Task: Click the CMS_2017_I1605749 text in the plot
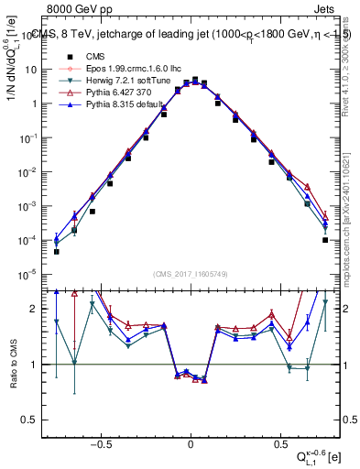(190, 274)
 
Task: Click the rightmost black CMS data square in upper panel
(325, 240)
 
